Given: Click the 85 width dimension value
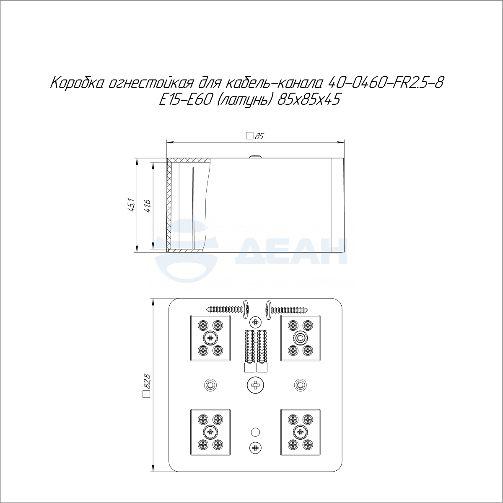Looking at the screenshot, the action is pos(259,136).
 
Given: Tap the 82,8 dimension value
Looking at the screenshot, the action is pos(147,382).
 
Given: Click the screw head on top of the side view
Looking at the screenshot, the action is pos(256,156).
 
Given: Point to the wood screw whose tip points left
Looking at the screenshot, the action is pos(228,310).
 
